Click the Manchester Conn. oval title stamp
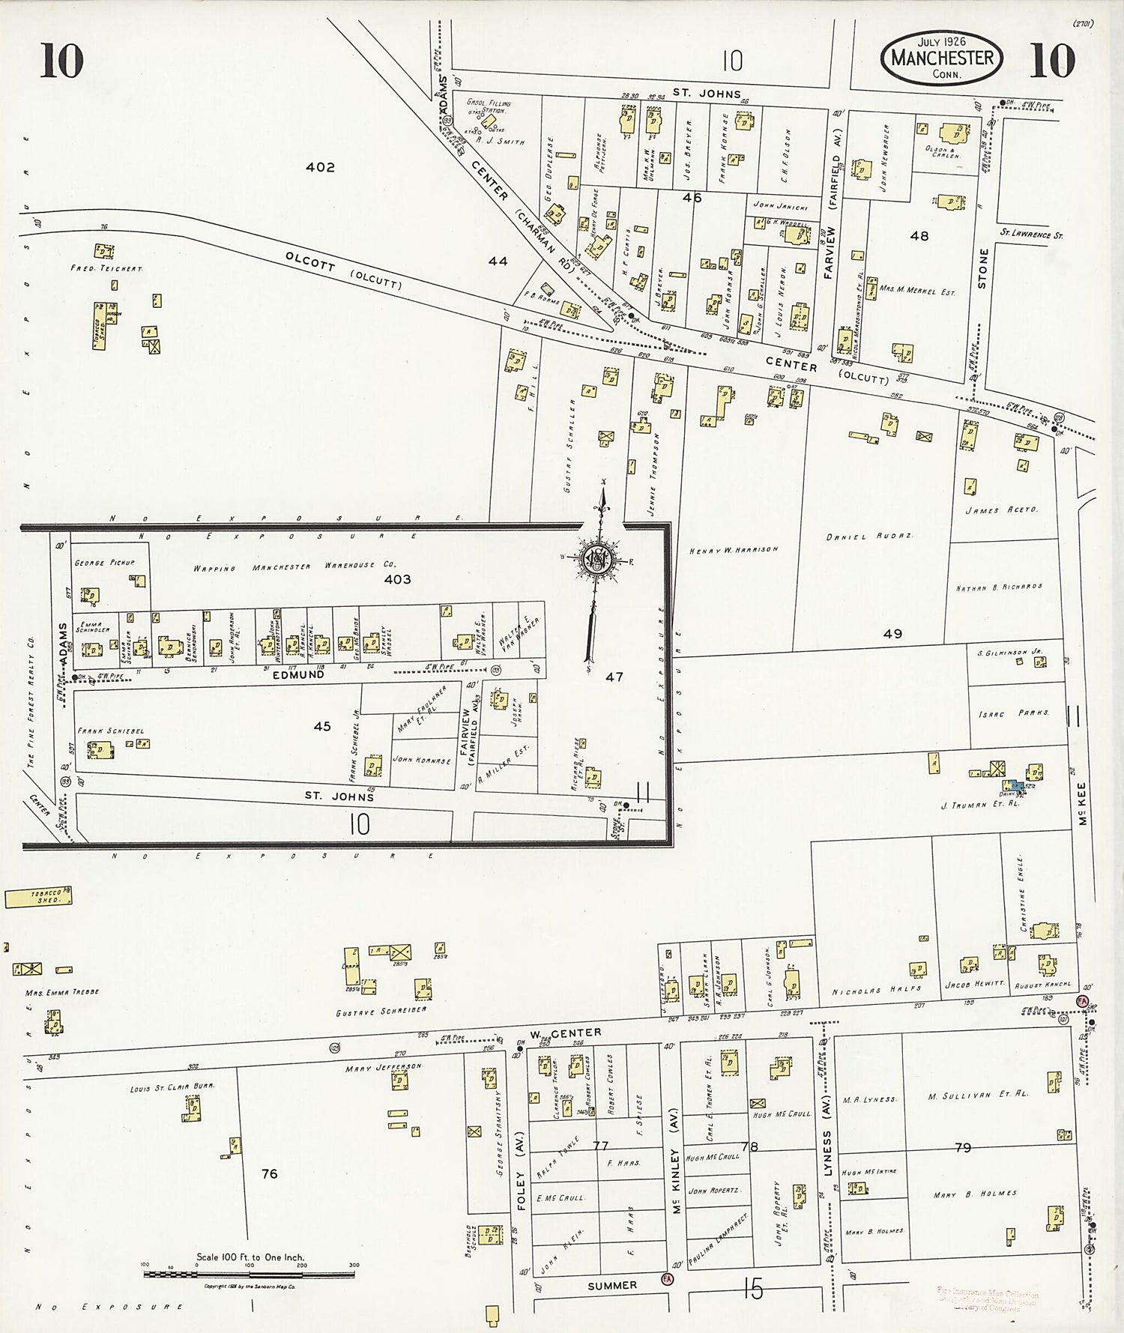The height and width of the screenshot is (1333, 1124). [943, 58]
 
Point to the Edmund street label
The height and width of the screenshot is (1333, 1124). [298, 674]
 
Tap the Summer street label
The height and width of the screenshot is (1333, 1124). [611, 1285]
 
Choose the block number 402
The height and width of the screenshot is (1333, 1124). [320, 167]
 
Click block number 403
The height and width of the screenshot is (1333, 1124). [397, 579]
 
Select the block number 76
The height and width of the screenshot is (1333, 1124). [269, 1173]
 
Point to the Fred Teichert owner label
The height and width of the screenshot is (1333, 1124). [106, 268]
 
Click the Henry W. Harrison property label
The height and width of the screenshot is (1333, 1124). [734, 550]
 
